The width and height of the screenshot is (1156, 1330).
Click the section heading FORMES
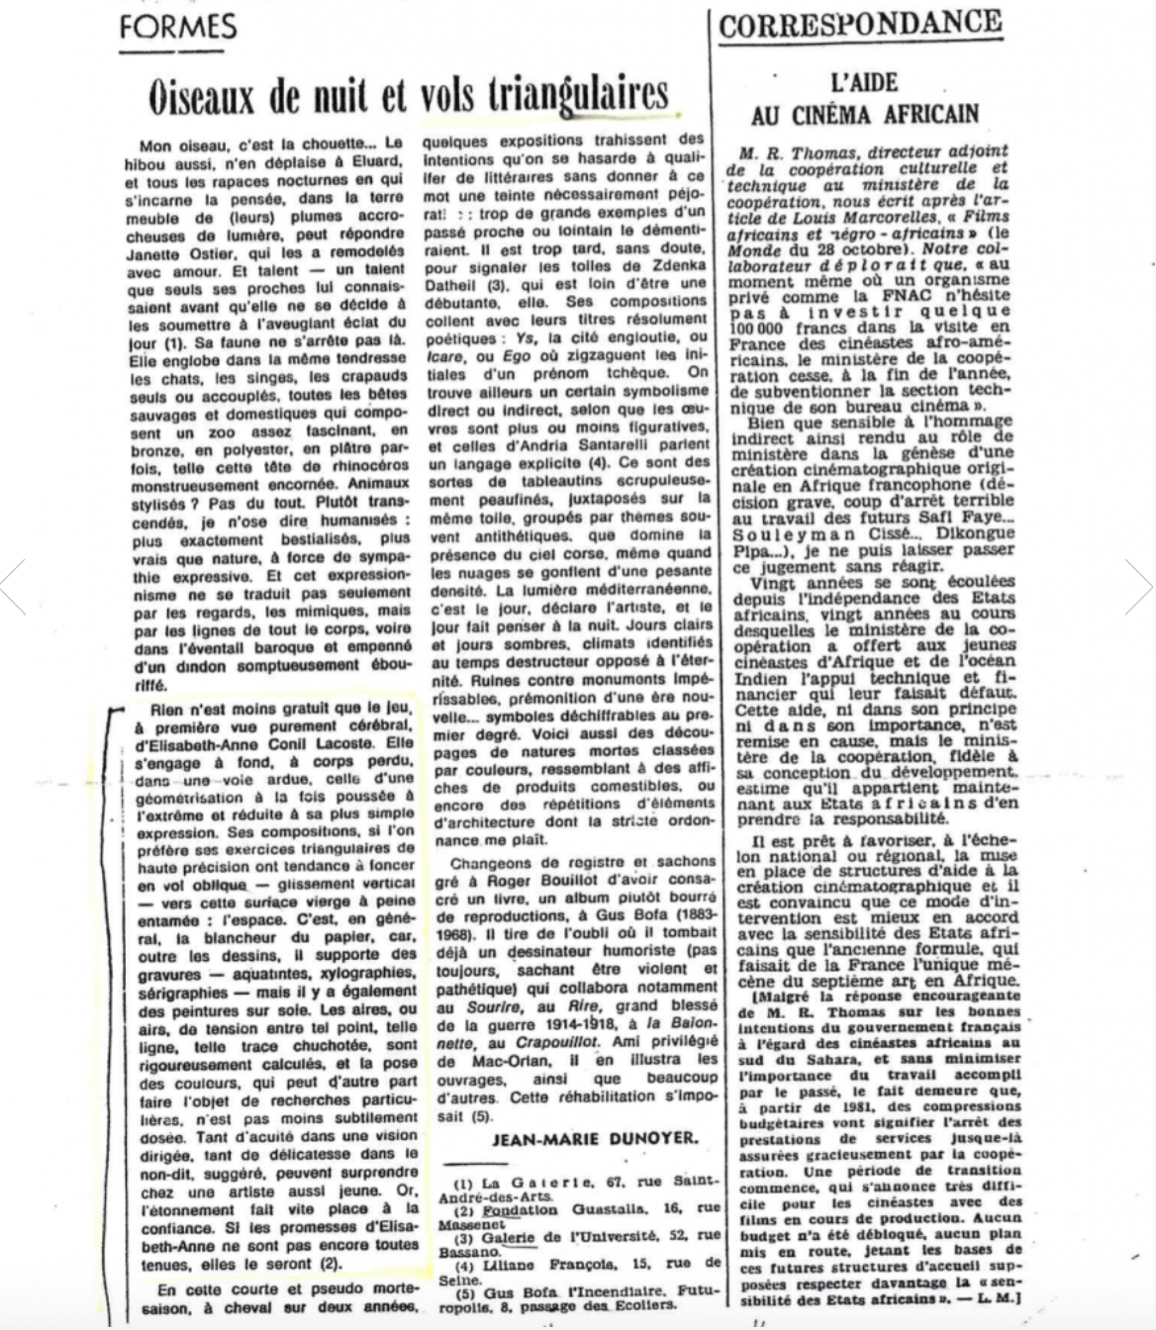178,27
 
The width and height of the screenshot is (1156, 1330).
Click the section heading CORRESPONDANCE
859,24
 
